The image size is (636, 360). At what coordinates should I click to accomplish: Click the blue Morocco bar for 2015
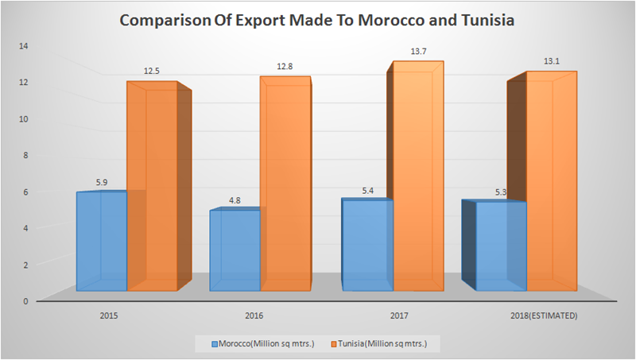101,241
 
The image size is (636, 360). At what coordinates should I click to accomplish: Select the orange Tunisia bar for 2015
152,187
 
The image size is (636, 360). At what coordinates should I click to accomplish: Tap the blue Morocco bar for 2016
235,250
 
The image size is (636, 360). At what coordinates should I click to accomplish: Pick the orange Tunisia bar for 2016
285,184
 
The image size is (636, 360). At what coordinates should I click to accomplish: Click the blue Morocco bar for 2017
367,245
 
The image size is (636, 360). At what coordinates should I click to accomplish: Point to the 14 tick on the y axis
24,45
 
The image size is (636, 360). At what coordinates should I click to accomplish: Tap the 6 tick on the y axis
26,192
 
